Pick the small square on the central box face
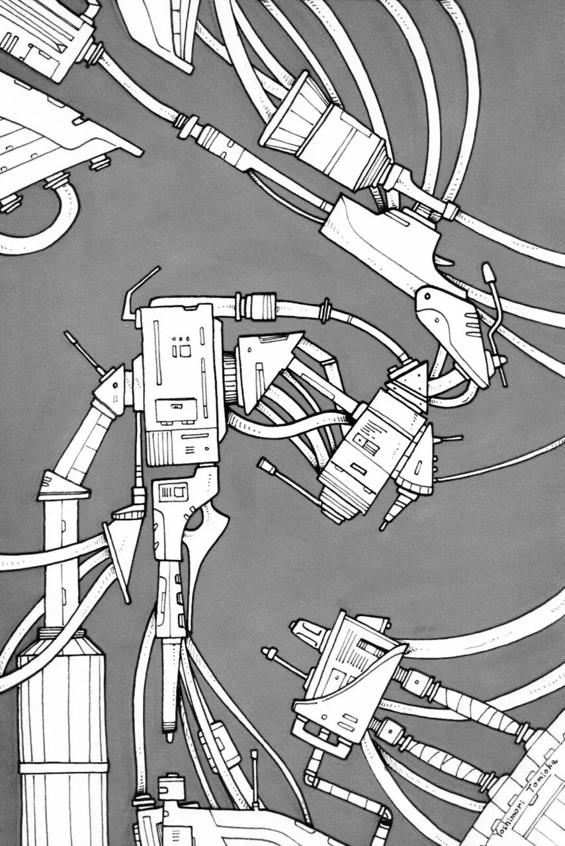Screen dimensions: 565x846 pos(186,351)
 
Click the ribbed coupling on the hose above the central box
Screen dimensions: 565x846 pos(261,303)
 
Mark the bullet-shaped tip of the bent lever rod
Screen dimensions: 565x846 pos(488,273)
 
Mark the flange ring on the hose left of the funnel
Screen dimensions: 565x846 pos(184,126)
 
